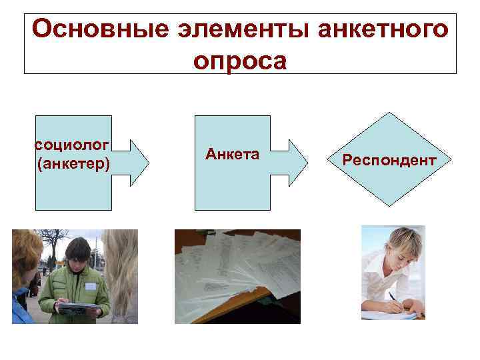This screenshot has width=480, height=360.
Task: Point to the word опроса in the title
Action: pos(240,61)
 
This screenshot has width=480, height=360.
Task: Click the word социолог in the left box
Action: pos(73,145)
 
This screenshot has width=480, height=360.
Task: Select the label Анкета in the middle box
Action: pos(232,155)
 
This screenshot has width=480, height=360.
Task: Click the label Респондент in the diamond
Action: pos(389,161)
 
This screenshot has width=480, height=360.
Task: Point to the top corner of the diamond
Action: pos(389,111)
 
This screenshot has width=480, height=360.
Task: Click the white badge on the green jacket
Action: pos(90,285)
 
